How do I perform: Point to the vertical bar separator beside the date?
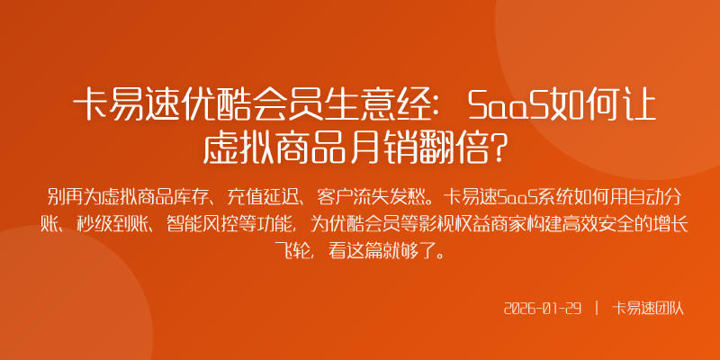point(596,308)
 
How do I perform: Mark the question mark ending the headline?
point(509,147)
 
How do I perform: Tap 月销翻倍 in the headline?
point(415,147)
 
